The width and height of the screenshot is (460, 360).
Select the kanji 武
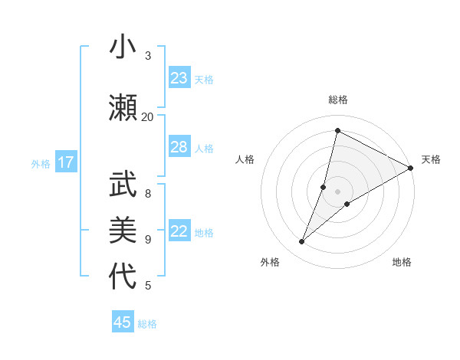(x=123, y=183)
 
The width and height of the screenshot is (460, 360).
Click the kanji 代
(x=123, y=277)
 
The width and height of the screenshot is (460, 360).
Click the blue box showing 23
(x=179, y=78)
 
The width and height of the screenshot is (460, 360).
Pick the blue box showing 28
(x=179, y=147)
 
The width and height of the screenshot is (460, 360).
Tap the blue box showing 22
(x=179, y=231)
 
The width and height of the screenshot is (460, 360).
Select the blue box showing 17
(x=66, y=162)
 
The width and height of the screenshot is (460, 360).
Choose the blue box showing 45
(x=123, y=322)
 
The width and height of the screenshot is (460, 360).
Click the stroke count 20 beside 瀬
(x=147, y=116)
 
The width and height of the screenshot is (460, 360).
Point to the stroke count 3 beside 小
(x=148, y=55)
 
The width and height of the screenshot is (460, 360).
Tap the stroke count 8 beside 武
(x=148, y=193)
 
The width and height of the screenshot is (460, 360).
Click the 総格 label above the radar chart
(x=337, y=100)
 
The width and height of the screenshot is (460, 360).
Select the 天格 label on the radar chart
(x=431, y=159)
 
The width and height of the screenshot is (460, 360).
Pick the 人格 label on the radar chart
(x=245, y=159)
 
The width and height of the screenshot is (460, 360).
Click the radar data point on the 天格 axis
(x=411, y=168)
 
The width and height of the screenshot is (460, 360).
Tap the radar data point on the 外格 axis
(x=302, y=242)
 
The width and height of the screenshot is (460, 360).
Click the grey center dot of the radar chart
(x=337, y=191)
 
